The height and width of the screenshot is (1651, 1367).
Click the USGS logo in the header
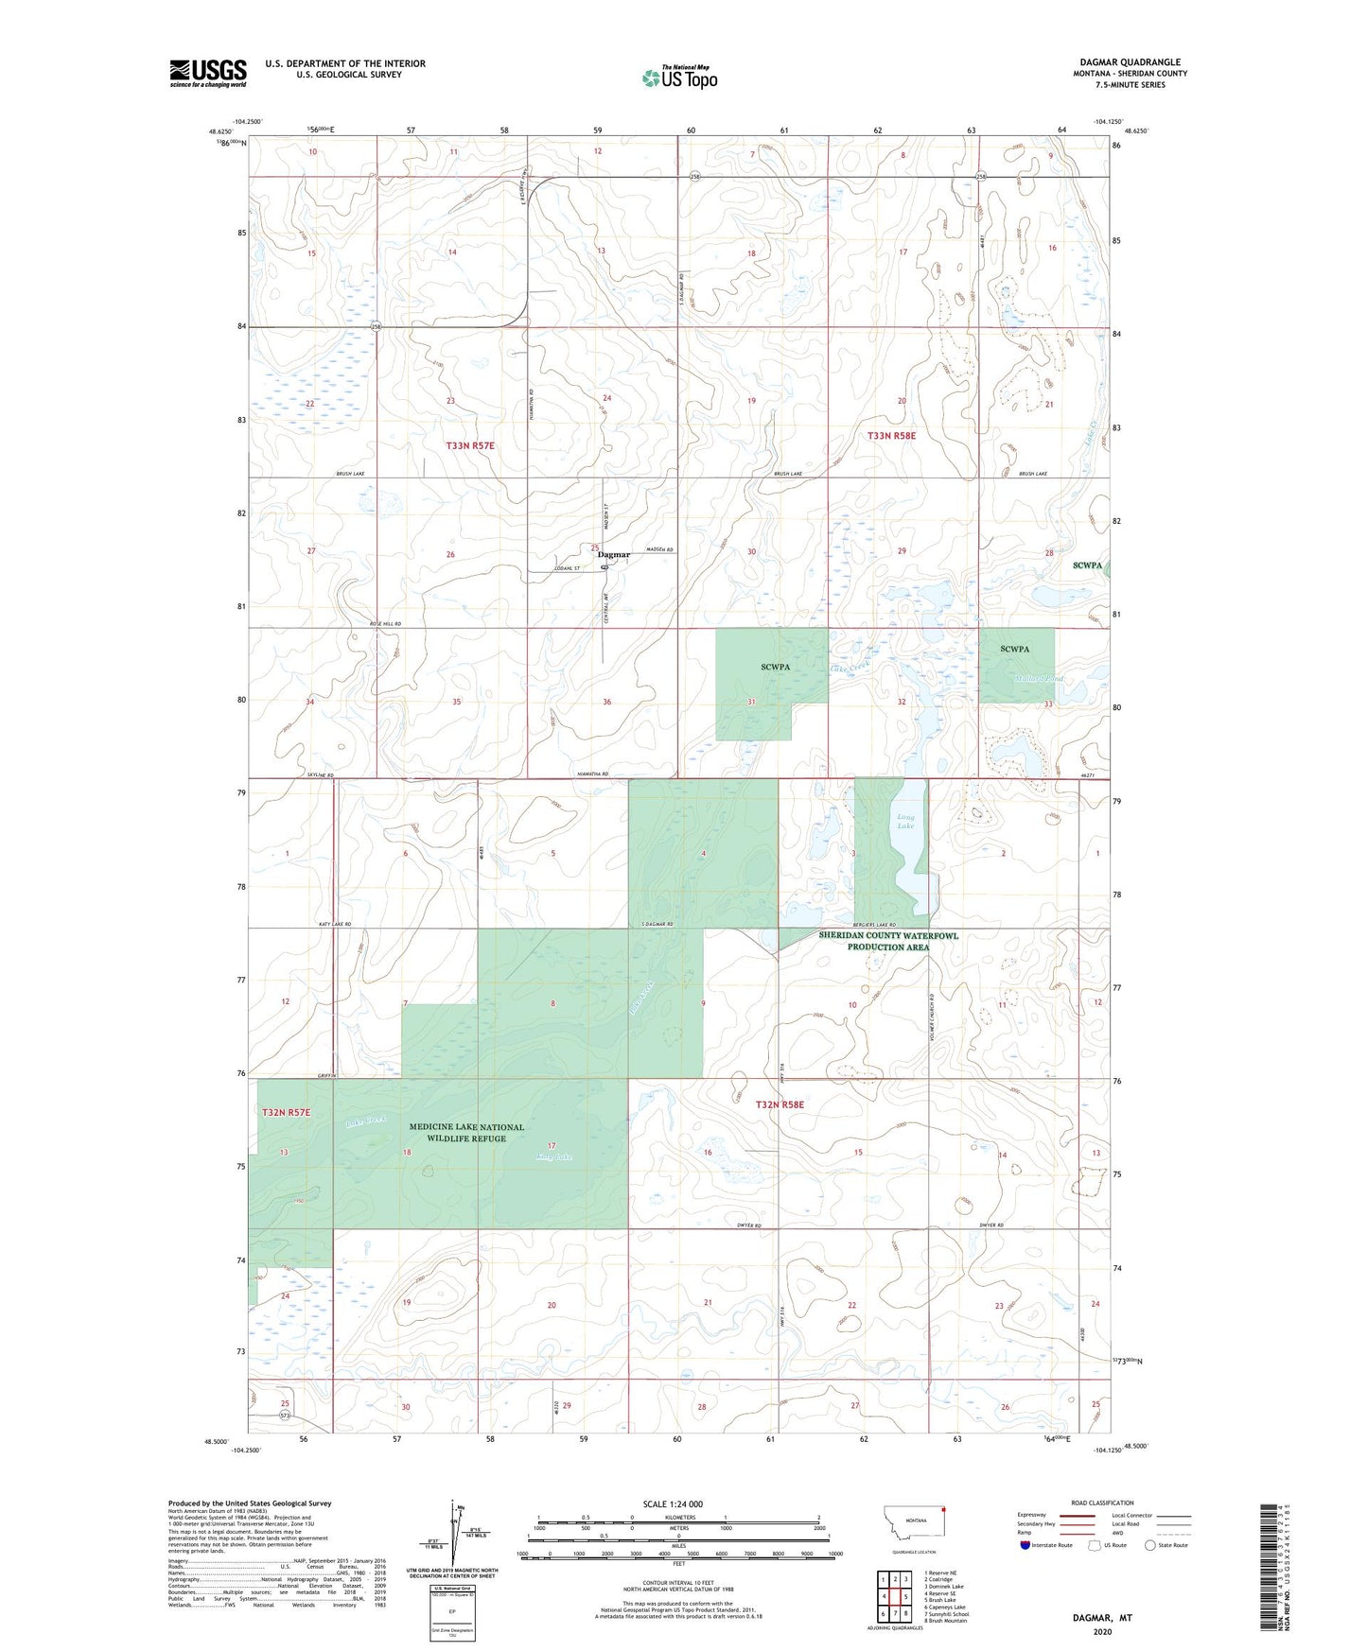[208, 73]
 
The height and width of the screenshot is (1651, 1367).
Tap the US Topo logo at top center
[679, 78]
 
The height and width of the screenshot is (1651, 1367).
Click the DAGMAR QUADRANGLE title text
[1130, 62]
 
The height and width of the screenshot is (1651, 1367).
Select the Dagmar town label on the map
[614, 555]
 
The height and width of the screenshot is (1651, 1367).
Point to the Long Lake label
[905, 821]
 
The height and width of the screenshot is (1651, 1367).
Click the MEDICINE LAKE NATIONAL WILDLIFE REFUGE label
[467, 1133]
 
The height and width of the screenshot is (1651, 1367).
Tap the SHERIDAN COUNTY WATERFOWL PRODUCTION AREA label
[887, 941]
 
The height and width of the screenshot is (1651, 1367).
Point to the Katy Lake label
[554, 1156]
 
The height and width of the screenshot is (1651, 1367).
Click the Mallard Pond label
[1040, 679]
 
